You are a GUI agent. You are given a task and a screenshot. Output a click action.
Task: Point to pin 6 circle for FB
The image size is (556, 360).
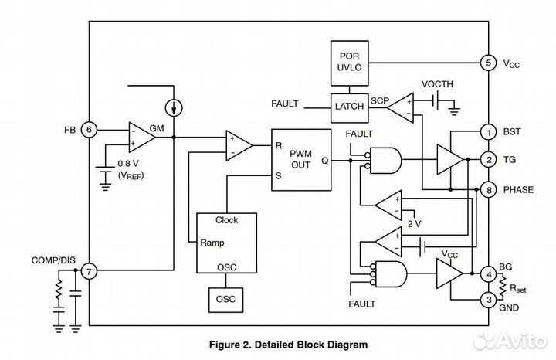click(90, 131)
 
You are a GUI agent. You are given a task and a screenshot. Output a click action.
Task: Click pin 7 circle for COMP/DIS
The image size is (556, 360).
click(90, 271)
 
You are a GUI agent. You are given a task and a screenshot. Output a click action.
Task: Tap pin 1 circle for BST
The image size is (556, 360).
click(487, 132)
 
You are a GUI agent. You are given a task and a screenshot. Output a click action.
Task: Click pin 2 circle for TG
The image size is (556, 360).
click(487, 160)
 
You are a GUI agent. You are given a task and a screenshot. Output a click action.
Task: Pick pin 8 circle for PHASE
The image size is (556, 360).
click(487, 188)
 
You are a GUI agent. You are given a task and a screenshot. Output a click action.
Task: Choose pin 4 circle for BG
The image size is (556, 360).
click(487, 273)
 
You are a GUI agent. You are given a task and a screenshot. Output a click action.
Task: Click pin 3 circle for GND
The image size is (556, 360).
click(487, 300)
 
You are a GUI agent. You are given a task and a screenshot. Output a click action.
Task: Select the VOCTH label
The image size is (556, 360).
click(438, 83)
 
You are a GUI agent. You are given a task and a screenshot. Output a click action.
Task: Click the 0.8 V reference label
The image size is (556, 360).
click(129, 164)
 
